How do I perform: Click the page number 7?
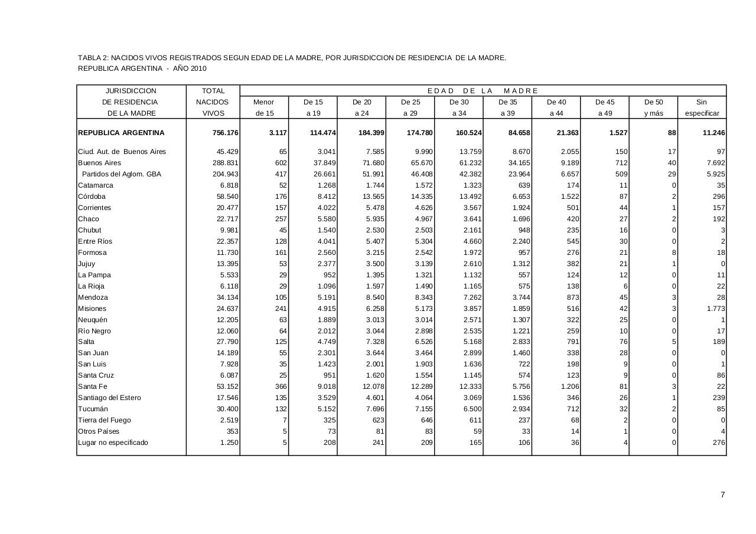(x=722, y=495)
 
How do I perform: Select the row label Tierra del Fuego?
(x=105, y=420)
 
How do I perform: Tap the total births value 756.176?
(x=226, y=133)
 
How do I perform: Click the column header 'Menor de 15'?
(x=263, y=107)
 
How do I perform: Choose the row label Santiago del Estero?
(x=109, y=398)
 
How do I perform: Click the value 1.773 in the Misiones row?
(x=715, y=309)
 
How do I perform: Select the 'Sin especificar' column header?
(x=702, y=107)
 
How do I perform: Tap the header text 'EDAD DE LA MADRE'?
(x=483, y=91)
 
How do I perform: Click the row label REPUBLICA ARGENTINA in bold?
(x=121, y=133)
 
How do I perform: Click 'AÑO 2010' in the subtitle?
(x=190, y=68)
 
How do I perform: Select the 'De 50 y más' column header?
(x=653, y=107)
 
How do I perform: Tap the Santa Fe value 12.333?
(x=470, y=386)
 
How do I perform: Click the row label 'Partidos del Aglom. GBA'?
(x=122, y=174)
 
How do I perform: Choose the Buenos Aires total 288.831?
(x=226, y=163)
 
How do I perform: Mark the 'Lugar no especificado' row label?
(x=113, y=443)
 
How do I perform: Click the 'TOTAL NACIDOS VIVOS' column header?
(x=213, y=101)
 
